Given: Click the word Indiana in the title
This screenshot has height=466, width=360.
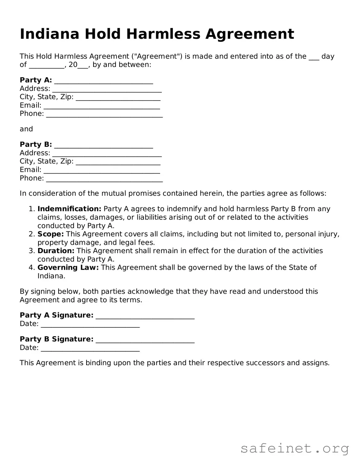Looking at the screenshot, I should click(49, 34).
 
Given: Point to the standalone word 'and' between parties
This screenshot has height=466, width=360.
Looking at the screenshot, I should click(26, 129).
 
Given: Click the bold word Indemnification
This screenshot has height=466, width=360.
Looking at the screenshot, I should click(69, 209).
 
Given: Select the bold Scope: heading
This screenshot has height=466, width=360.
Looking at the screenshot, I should click(51, 234).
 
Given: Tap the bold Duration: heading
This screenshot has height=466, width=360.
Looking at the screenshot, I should click(56, 251).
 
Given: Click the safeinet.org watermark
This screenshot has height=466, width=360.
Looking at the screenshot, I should click(294, 448).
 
